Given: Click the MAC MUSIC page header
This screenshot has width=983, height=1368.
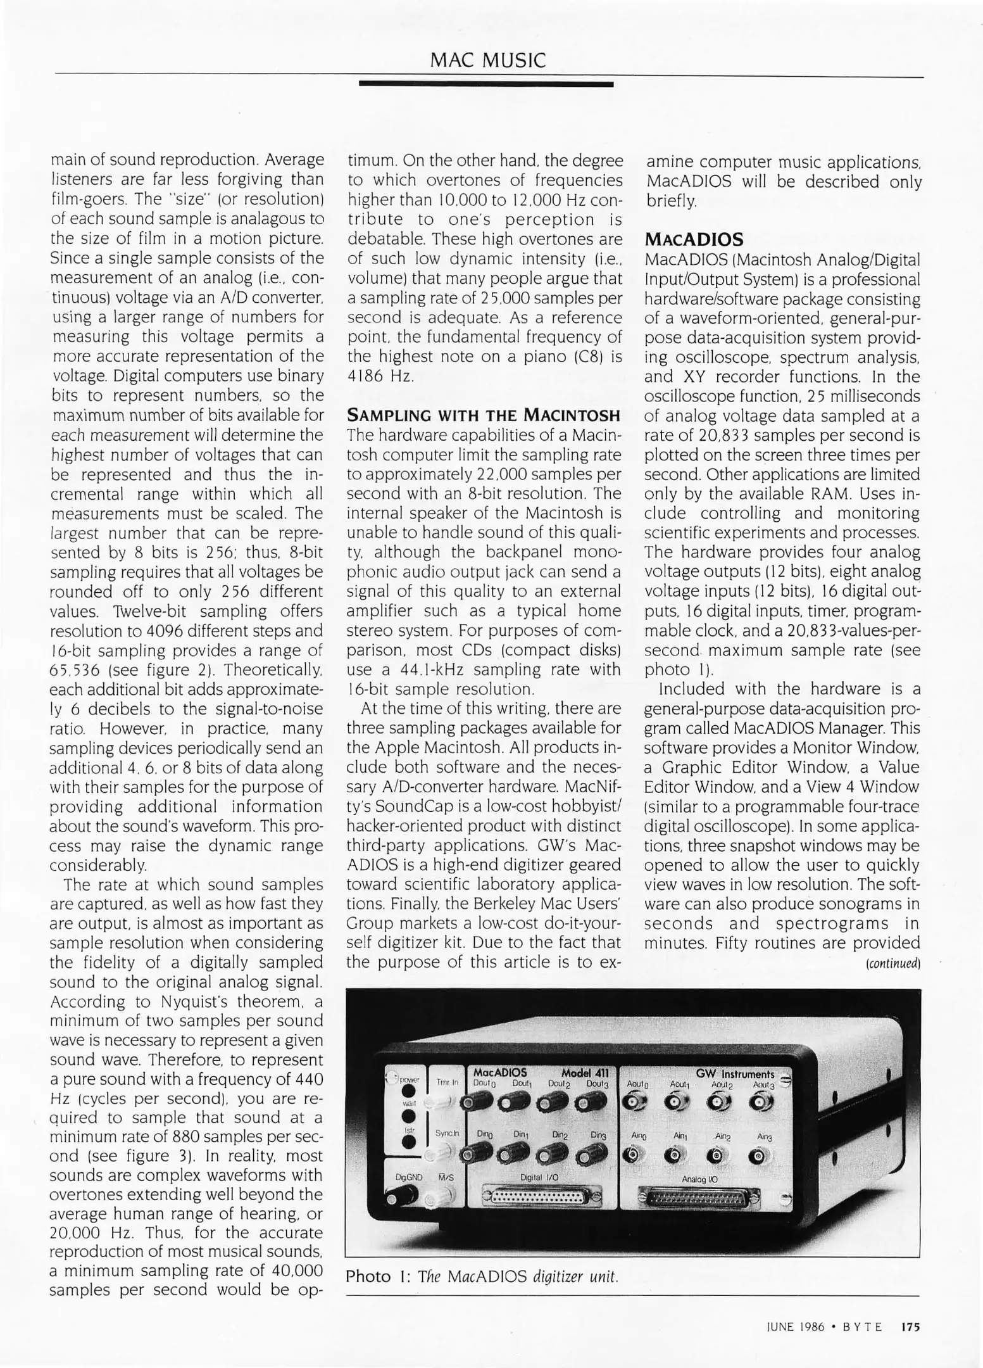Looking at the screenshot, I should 487,60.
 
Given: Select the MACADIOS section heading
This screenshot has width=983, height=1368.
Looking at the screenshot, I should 693,239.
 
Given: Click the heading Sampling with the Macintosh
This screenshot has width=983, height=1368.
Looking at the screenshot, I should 484,416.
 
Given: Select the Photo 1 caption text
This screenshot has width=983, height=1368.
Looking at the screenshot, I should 481,1276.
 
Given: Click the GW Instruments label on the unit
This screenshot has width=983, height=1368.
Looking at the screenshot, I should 734,1073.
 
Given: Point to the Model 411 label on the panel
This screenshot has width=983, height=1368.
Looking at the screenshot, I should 584,1073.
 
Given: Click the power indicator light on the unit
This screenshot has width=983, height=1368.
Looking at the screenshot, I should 409,1091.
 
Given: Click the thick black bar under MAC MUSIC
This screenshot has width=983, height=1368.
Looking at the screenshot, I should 485,84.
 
